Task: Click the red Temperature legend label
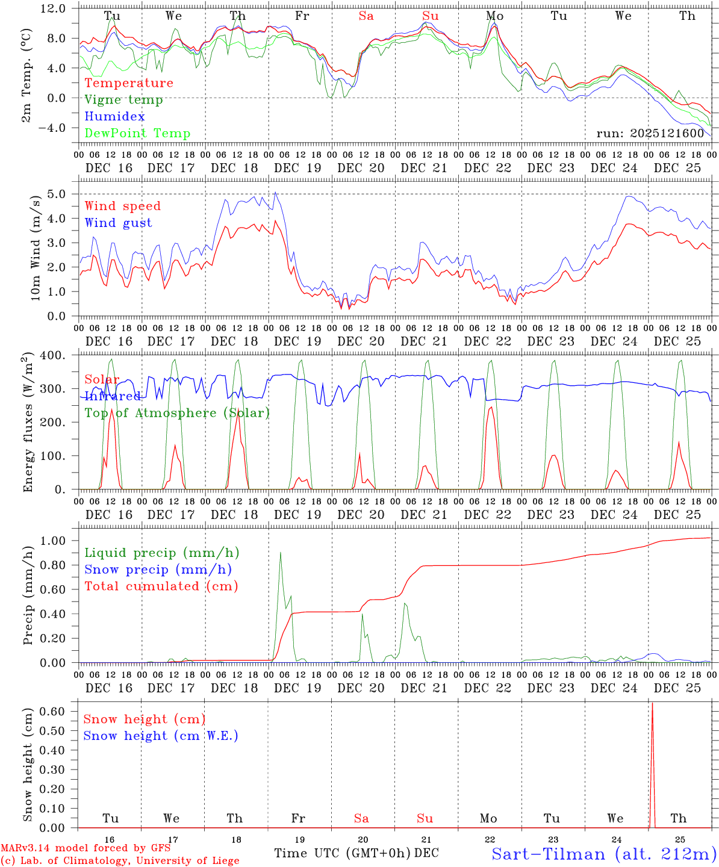click(129, 83)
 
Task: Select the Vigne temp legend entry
click(123, 100)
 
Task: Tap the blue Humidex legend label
click(114, 117)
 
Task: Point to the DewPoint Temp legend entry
click(137, 134)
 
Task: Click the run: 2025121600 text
click(650, 134)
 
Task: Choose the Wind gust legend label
click(119, 223)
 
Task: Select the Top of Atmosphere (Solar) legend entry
click(177, 413)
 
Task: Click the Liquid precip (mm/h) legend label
click(161, 553)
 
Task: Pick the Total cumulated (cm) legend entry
click(161, 586)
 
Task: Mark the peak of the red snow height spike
click(652, 703)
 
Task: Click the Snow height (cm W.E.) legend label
click(161, 736)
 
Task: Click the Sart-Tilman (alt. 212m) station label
click(604, 854)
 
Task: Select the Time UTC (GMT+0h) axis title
click(343, 853)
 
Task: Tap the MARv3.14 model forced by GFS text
click(86, 848)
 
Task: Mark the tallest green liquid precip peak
click(280, 553)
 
